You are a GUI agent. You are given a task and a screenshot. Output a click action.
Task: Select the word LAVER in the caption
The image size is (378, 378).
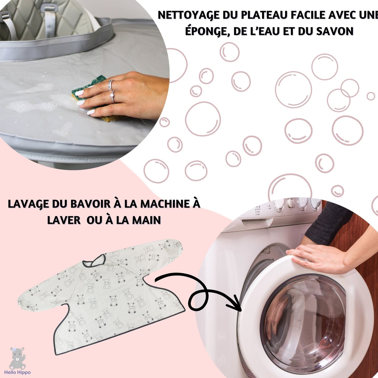point(64,220)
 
